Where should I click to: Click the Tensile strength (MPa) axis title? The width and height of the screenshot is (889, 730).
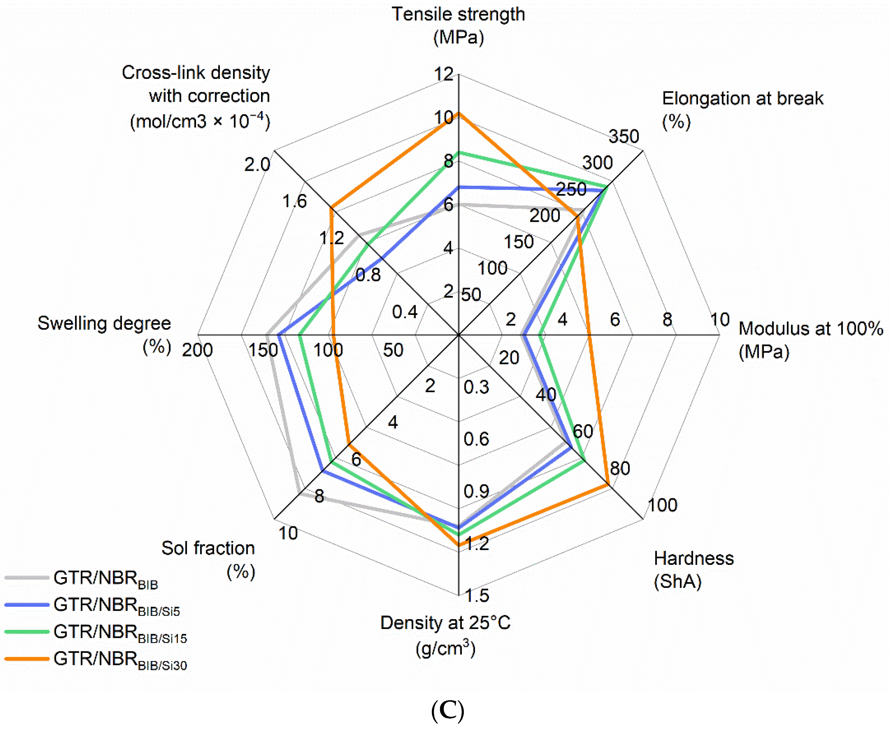coord(458,25)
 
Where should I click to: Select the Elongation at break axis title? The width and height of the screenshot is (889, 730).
coord(742,109)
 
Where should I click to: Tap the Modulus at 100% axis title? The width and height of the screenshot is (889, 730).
coord(810,340)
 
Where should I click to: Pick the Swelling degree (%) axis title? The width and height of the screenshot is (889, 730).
coord(104,334)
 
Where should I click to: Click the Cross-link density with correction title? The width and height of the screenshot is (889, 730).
coord(200,97)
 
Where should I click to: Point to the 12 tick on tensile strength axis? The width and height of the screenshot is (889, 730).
coord(444,74)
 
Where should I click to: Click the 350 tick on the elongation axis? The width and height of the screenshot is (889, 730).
coord(624,136)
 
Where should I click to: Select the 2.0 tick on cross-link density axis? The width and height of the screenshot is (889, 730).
coord(257,165)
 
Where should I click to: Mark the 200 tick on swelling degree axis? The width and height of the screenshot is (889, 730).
coord(197,350)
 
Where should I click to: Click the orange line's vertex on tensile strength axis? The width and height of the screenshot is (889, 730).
coord(459,113)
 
